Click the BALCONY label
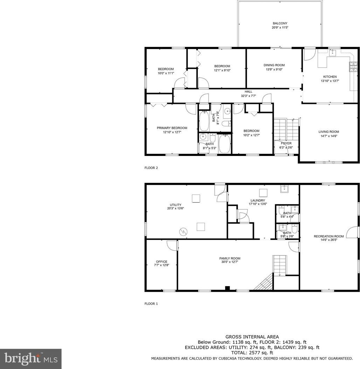coord(280,23)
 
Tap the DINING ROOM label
coord(274,65)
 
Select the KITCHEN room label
coord(330,77)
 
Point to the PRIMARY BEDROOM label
coord(172,128)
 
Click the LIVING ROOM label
coord(329,132)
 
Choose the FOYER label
coord(286,143)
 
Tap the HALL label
coord(248,92)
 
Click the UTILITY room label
coord(175,205)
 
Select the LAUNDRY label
coord(258,200)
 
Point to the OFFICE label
coord(162,262)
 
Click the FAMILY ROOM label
coord(230,258)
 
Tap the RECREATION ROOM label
coord(329,236)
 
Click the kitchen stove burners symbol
coord(353,66)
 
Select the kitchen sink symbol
coord(332,53)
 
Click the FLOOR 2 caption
coord(151,168)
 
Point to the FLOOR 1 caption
coord(151,304)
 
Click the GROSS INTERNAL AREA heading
coord(252,337)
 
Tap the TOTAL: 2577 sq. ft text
coord(252,353)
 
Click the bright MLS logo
coord(31,359)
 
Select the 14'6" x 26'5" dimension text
coord(329,240)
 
